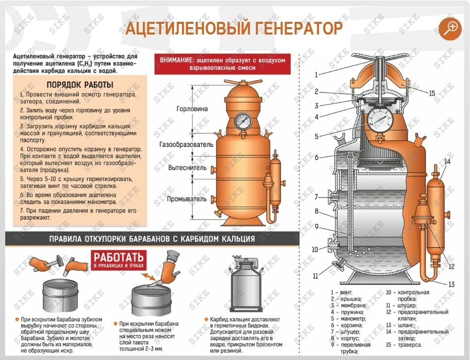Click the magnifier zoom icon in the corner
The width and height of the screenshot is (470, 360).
[x=450, y=28]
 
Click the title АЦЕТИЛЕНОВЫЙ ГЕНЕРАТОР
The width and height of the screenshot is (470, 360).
[x=234, y=29]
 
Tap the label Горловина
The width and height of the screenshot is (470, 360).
[x=192, y=109]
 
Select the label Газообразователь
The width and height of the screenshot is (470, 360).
[x=186, y=145]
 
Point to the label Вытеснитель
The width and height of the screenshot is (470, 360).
[x=188, y=168]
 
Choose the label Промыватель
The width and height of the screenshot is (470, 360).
[x=187, y=199]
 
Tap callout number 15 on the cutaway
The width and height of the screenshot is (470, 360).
[x=432, y=93]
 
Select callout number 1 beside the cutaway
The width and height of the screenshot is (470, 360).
[x=316, y=75]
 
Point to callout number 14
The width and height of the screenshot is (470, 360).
[x=447, y=161]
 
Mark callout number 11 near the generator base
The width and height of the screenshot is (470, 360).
[x=315, y=276]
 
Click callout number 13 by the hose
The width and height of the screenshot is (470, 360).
[x=451, y=284]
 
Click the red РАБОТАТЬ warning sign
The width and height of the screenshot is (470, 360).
[x=118, y=259]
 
